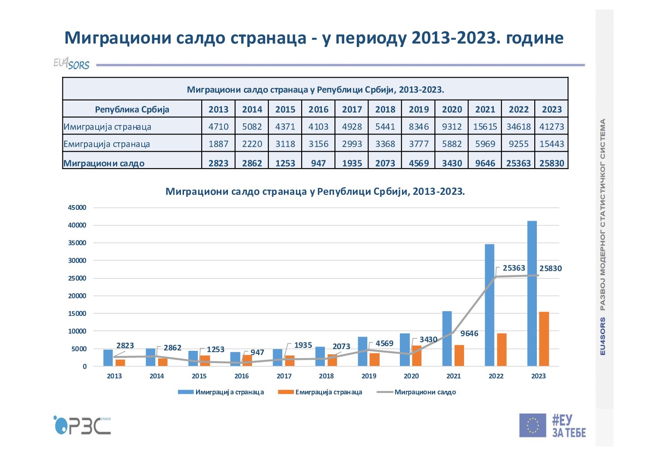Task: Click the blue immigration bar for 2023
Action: point(532,293)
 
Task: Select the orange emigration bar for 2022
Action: point(502,350)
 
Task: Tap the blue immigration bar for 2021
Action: point(447,338)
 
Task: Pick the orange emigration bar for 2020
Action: point(417,356)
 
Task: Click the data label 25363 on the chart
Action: point(514,268)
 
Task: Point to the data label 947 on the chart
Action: point(257,353)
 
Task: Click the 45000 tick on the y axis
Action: point(78,208)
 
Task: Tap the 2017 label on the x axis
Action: point(284,376)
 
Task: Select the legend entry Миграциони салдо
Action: point(425,392)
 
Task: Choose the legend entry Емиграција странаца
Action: point(328,392)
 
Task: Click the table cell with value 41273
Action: point(552,127)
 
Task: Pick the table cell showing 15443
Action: point(552,144)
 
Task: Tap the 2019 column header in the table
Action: point(418,109)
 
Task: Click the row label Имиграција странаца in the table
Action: point(108,127)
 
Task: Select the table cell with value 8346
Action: point(418,127)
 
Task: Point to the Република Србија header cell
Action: point(132,109)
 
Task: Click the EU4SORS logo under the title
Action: point(72,64)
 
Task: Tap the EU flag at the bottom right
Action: point(533,425)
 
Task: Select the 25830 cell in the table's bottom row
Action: point(552,163)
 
